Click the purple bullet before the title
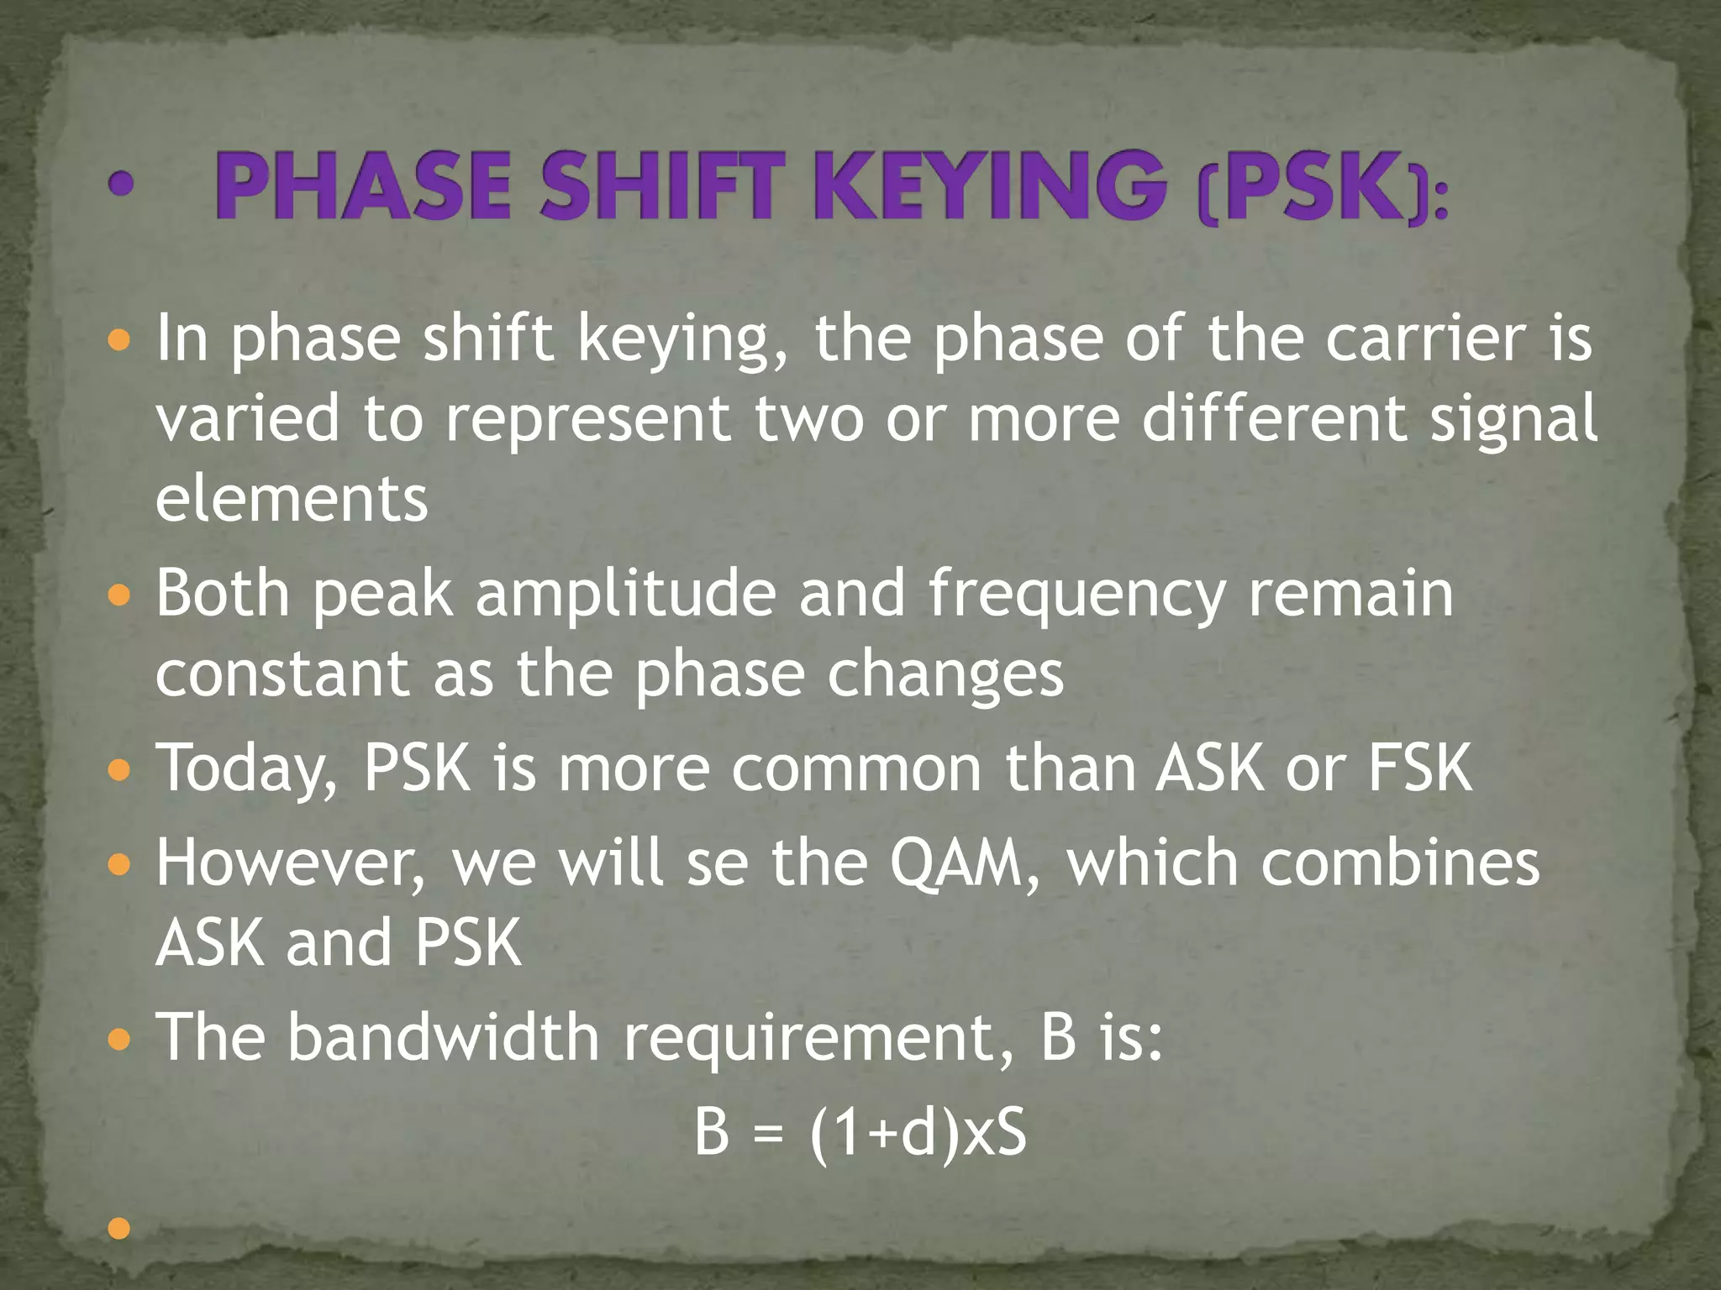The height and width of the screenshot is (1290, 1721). [121, 185]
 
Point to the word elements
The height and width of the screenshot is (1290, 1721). [292, 499]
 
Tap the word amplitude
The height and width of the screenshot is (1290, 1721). [625, 594]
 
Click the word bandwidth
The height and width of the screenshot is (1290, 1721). [443, 1036]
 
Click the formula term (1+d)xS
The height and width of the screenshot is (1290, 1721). [918, 1134]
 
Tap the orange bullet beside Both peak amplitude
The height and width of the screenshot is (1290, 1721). [120, 596]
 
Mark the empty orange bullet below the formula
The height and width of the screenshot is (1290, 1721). [120, 1229]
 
